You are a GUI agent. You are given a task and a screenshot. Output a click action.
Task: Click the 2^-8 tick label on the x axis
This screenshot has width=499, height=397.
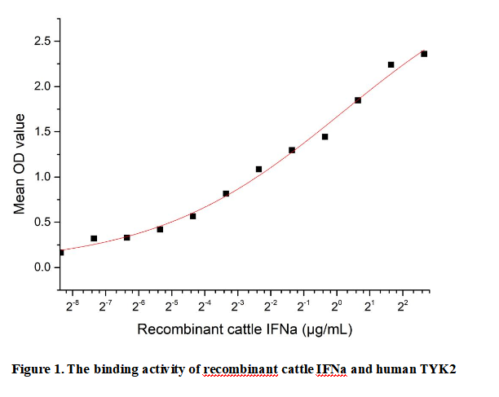(x=72, y=306)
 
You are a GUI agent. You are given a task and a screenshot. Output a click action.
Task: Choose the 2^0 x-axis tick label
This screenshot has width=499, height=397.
(x=337, y=306)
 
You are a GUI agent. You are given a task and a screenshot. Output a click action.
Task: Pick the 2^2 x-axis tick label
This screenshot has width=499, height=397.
(x=403, y=306)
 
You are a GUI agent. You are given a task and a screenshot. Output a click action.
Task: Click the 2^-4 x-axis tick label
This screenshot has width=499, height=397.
(x=205, y=306)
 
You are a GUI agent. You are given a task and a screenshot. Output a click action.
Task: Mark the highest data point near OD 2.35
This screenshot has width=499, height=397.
(x=424, y=54)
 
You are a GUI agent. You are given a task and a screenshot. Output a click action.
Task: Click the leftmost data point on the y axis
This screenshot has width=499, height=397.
(x=61, y=253)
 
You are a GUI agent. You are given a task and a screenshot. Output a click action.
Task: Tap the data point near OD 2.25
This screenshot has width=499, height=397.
(x=391, y=64)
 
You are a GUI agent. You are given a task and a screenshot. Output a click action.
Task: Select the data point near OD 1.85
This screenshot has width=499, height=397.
(x=358, y=100)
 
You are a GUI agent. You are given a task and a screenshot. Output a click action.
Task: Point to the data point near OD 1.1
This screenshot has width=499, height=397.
(x=258, y=170)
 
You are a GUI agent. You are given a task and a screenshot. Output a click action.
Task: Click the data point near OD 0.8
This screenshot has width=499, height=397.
(x=226, y=193)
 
